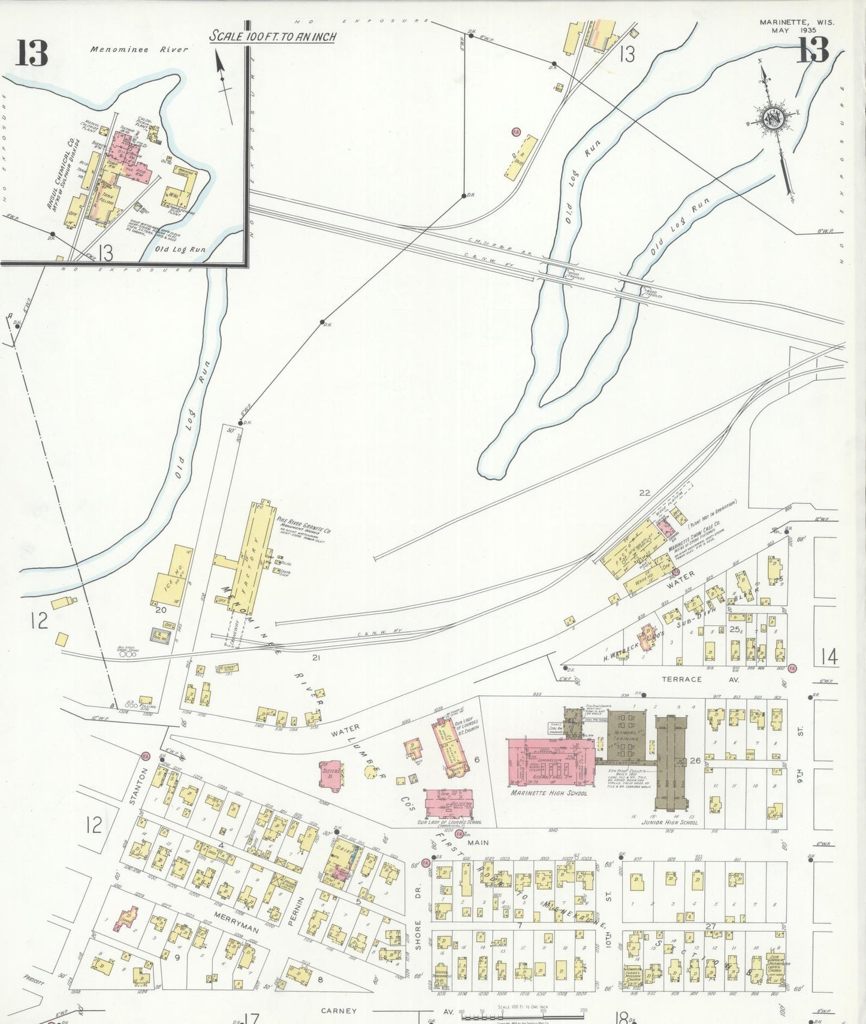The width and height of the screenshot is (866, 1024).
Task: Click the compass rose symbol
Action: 774,118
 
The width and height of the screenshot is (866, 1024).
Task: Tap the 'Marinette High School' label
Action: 548,793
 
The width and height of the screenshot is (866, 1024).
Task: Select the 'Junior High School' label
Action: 671,822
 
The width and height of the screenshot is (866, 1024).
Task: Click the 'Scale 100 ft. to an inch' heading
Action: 273,37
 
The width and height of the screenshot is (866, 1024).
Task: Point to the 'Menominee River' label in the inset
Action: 139,50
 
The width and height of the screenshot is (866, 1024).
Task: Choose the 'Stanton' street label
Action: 138,785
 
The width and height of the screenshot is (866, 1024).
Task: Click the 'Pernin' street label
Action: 292,911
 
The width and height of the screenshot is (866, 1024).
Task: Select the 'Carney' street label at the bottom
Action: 339,1011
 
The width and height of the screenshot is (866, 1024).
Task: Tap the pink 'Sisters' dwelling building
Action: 331,774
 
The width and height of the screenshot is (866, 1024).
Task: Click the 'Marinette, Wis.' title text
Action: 796,22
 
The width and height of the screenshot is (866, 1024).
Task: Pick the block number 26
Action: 695,760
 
